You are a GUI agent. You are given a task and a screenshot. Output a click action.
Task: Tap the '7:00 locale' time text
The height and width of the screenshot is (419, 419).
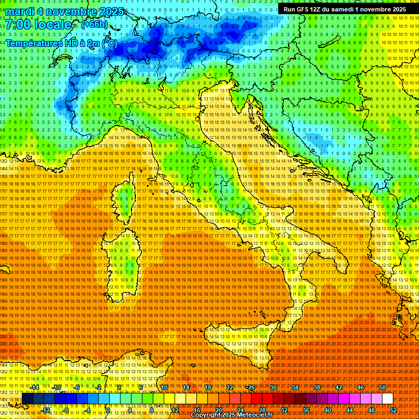pyautogui.click(x=38, y=25)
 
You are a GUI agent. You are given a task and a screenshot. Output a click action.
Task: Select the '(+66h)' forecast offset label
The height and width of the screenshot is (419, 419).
pyautogui.click(x=94, y=25)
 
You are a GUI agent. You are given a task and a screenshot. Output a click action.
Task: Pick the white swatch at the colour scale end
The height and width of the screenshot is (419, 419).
pyautogui.click(x=387, y=399)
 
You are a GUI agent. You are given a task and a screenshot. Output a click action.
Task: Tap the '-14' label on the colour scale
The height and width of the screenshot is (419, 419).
pyautogui.click(x=35, y=387)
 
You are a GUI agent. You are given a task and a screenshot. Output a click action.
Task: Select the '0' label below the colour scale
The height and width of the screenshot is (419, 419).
pyautogui.click(x=108, y=410)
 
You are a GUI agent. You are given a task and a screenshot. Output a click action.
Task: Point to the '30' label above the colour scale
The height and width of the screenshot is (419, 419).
pyautogui.click(x=273, y=387)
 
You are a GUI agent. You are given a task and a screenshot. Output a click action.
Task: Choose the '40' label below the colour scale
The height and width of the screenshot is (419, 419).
pyautogui.click(x=327, y=410)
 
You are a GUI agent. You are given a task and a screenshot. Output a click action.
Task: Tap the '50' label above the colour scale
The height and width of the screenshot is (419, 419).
pyautogui.click(x=382, y=387)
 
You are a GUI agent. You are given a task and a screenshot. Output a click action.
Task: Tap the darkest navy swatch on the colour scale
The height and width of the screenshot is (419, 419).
pyautogui.click(x=27, y=399)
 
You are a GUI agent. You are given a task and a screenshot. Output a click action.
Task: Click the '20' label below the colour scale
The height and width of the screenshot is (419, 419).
pyautogui.click(x=218, y=410)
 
